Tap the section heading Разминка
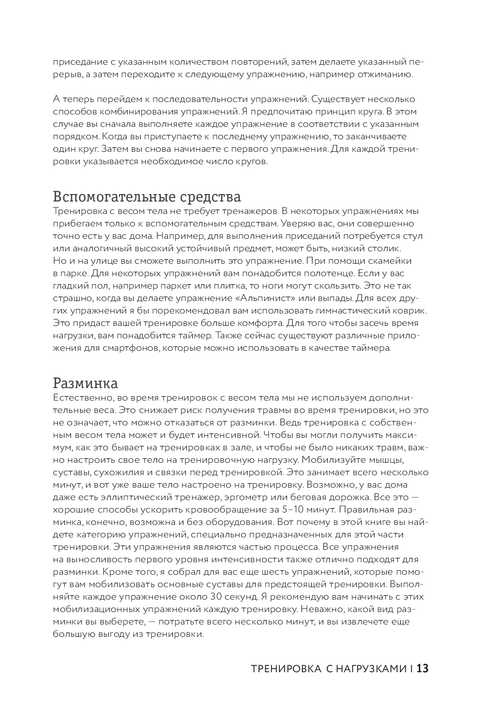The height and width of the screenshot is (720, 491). (x=85, y=384)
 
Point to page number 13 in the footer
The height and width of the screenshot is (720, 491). (x=422, y=668)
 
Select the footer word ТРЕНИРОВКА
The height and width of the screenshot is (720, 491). (x=286, y=669)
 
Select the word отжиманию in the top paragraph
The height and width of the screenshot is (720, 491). (x=388, y=75)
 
